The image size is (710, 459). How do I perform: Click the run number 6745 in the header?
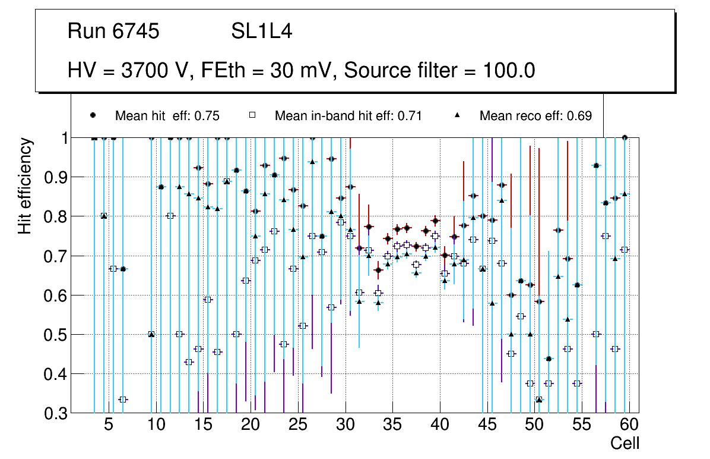(x=135, y=32)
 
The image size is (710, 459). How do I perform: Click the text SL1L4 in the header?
(x=261, y=32)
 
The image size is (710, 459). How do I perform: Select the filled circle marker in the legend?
(x=93, y=115)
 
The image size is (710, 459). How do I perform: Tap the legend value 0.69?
(x=580, y=116)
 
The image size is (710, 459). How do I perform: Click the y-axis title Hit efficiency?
(x=26, y=186)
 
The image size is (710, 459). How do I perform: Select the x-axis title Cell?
(x=625, y=444)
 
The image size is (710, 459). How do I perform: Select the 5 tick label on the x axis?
(x=109, y=426)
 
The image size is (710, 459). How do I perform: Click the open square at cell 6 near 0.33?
(x=123, y=400)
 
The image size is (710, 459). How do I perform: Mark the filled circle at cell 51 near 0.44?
(x=549, y=359)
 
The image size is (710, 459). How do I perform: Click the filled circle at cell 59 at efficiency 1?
(x=625, y=137)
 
